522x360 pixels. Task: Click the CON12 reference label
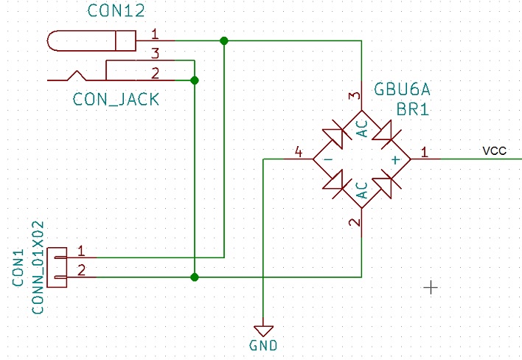(x=116, y=10)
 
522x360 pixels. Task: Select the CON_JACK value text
(x=116, y=100)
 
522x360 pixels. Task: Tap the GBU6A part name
(x=402, y=89)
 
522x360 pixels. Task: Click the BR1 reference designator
(x=413, y=109)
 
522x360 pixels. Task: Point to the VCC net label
(x=495, y=150)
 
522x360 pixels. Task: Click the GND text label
(x=263, y=346)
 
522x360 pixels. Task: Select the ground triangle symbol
(x=263, y=330)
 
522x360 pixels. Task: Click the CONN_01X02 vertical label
(x=38, y=268)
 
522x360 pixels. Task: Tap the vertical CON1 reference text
(x=18, y=268)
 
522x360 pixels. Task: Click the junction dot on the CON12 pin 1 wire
(x=224, y=41)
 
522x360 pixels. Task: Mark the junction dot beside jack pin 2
(x=195, y=80)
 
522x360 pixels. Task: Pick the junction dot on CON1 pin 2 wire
(x=195, y=277)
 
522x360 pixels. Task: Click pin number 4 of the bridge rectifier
(x=299, y=152)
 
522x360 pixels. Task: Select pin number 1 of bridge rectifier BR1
(x=424, y=152)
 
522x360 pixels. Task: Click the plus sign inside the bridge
(x=395, y=160)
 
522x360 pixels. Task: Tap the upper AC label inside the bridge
(x=362, y=128)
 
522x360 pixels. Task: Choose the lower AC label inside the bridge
(x=362, y=190)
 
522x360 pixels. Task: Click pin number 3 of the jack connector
(x=155, y=53)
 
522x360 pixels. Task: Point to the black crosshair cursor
(x=431, y=287)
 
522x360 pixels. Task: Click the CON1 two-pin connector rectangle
(x=57, y=268)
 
